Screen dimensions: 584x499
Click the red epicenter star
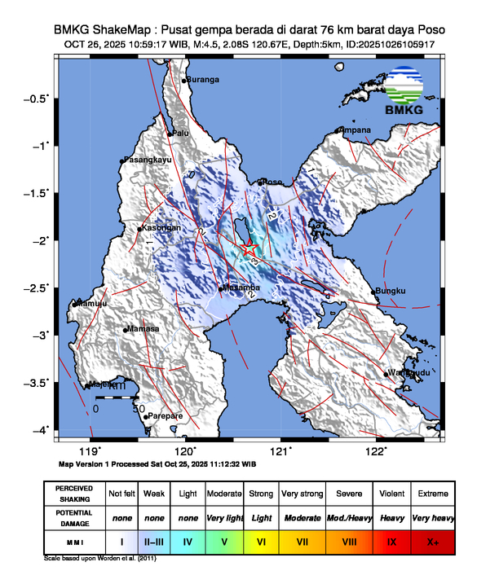tap(250, 248)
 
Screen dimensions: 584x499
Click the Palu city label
tap(180, 133)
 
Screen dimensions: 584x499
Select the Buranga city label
tap(202, 80)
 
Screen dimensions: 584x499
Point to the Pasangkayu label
tap(148, 160)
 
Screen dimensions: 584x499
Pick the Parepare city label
tap(165, 416)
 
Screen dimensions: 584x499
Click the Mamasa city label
tap(143, 330)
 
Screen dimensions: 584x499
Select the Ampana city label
tap(355, 130)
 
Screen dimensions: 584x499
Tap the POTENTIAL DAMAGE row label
tap(74, 516)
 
